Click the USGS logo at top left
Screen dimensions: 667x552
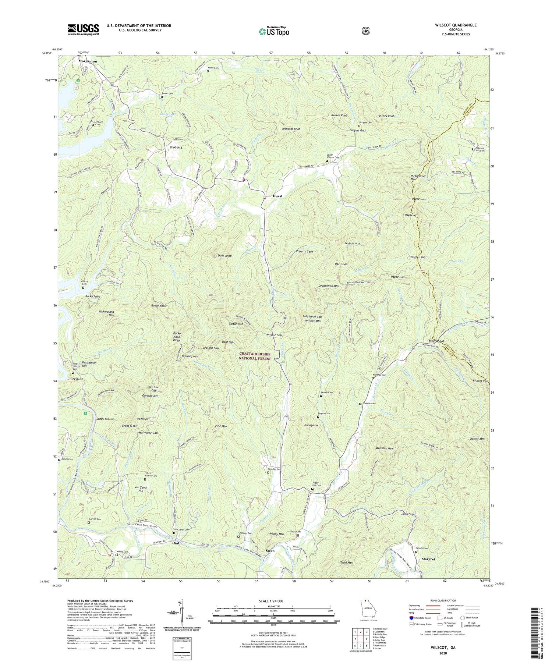[x=83, y=29]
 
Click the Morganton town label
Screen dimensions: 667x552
[x=88, y=61]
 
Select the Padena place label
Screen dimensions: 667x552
[x=176, y=147]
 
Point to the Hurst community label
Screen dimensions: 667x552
[x=277, y=196]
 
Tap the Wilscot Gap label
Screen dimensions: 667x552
[x=274, y=335]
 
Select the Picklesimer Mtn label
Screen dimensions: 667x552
[x=418, y=178]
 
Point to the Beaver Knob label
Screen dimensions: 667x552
[x=339, y=116]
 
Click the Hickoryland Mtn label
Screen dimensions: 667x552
[x=106, y=313]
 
